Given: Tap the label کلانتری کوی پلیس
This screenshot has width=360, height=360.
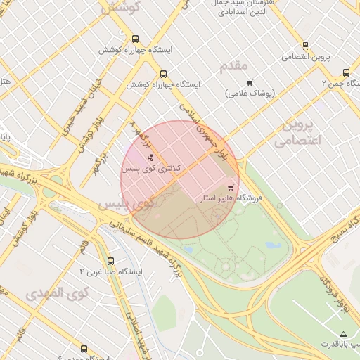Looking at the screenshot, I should (x=152, y=169).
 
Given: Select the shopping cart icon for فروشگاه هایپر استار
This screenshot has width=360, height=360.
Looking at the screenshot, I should (x=231, y=187).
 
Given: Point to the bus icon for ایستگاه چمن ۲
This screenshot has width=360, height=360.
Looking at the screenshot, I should (x=346, y=72).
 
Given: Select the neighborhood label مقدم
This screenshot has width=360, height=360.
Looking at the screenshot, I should (x=234, y=66).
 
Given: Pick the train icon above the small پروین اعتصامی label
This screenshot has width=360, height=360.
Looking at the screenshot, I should (x=304, y=45).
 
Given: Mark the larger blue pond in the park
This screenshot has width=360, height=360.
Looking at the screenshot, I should (x=273, y=246).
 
